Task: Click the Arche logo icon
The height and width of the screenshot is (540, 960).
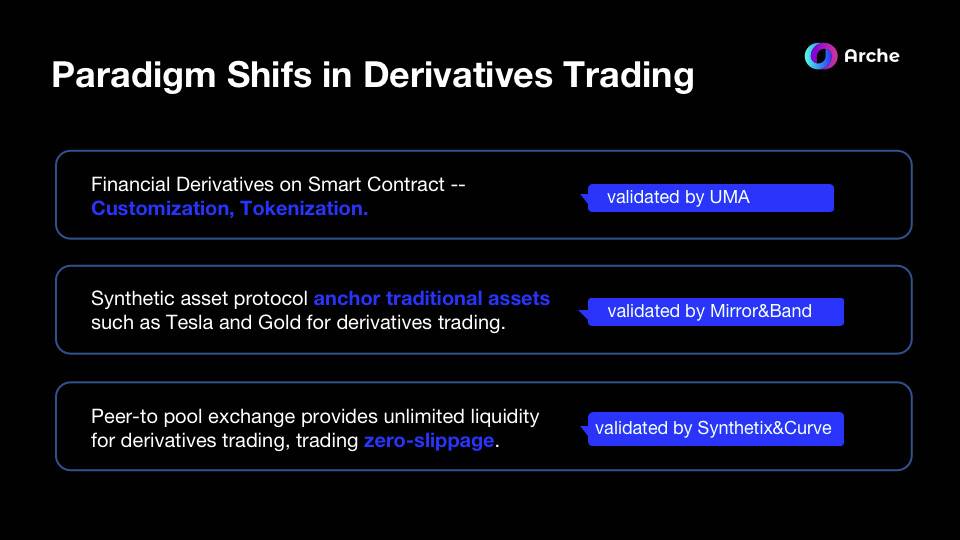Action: point(820,56)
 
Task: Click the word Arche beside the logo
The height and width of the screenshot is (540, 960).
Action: point(872,56)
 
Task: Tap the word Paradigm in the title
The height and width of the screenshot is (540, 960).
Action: point(133,75)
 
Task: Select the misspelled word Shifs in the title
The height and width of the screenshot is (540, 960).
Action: point(270,74)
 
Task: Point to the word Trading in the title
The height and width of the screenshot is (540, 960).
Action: point(628,75)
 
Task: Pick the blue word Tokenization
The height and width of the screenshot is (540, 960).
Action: point(304,209)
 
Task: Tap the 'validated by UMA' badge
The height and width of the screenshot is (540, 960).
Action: point(710,198)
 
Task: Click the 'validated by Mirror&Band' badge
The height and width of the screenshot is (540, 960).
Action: point(714,312)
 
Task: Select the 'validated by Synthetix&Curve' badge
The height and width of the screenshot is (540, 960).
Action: point(714,429)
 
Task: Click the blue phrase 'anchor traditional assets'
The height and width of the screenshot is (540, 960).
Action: point(432,298)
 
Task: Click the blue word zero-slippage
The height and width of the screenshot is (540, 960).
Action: point(429,441)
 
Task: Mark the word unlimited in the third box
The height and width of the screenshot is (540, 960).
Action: point(424,416)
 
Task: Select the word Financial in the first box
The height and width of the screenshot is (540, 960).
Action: point(130,184)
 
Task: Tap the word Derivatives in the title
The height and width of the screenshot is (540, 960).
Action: point(458,74)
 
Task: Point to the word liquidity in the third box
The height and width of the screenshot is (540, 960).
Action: point(504,417)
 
